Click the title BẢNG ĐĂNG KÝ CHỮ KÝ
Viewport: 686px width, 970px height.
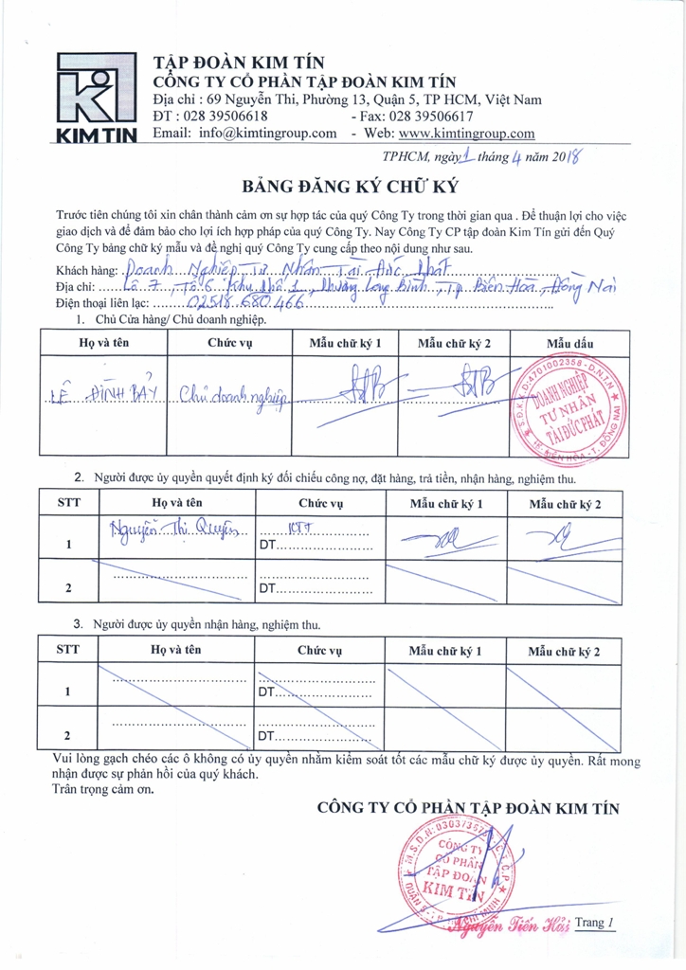point(342,183)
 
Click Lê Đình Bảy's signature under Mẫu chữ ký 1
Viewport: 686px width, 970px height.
point(341,386)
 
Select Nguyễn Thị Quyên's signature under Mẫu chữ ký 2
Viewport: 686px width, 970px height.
point(561,539)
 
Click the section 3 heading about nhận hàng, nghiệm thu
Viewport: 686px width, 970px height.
point(210,624)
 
